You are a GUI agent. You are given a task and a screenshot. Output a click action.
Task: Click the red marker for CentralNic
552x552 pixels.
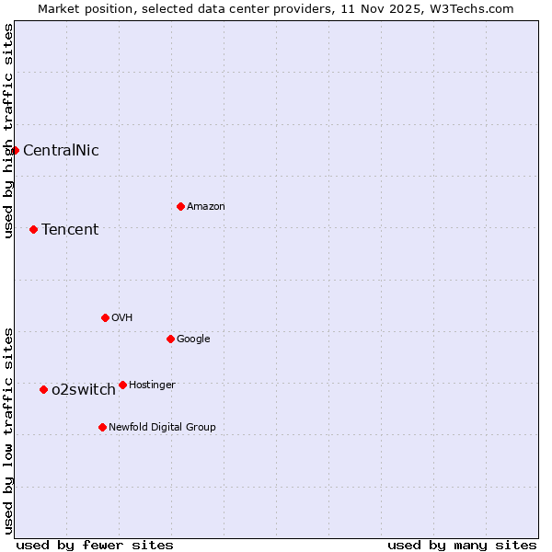click(16, 150)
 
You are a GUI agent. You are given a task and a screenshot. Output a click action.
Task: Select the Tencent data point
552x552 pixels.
click(34, 229)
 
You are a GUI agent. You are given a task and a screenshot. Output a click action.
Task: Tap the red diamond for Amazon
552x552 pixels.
click(180, 206)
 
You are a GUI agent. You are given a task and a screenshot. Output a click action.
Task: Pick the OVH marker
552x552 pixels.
click(105, 317)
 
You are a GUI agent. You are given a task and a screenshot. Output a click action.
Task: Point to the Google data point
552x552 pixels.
click(170, 339)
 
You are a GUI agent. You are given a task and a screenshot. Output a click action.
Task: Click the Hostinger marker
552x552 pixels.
click(122, 385)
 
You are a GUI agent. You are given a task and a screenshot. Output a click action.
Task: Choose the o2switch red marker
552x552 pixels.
click(43, 389)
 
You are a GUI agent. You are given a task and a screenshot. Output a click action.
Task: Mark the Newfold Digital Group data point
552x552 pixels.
click(102, 427)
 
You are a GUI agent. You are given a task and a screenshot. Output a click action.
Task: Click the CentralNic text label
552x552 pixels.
click(61, 150)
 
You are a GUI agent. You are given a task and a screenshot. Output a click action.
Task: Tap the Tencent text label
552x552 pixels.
click(70, 229)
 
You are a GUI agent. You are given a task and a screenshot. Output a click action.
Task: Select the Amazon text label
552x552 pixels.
click(206, 206)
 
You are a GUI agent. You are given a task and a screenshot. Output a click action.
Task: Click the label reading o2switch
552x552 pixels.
click(84, 389)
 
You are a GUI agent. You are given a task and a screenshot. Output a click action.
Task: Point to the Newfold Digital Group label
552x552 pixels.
click(162, 427)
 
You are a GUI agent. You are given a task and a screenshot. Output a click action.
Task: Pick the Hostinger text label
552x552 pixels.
click(152, 385)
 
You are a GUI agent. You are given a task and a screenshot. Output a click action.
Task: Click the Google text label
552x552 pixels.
click(193, 339)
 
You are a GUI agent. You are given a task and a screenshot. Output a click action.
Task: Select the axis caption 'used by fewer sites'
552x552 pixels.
click(95, 545)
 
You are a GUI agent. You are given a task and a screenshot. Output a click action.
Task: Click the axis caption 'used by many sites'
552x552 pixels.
click(462, 545)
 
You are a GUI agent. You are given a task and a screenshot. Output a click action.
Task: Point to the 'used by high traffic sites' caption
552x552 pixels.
click(8, 131)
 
